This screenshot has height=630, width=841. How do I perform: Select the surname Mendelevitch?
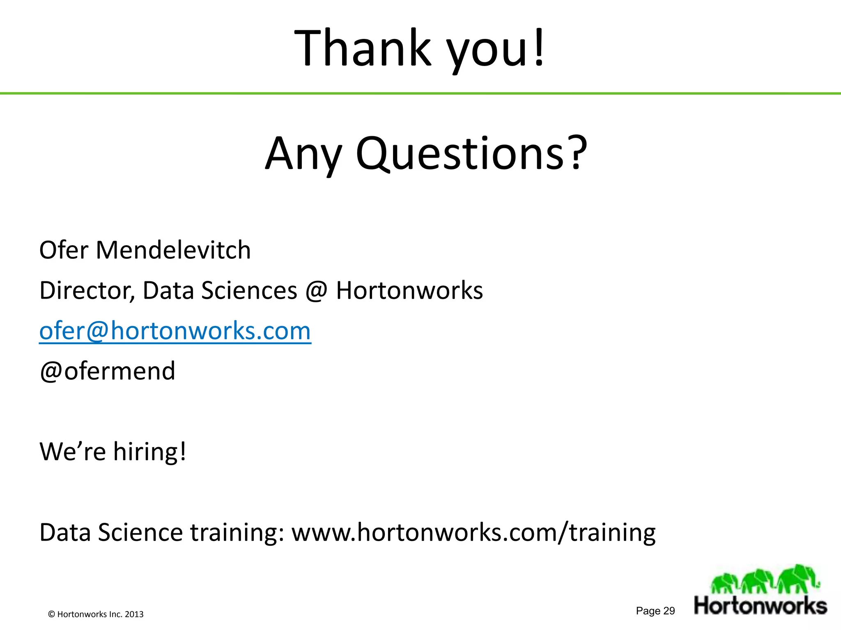click(173, 250)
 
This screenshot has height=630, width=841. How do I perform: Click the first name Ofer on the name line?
click(64, 250)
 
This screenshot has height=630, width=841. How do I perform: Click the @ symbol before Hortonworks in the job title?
click(316, 292)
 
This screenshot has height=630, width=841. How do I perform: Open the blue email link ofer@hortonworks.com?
click(175, 331)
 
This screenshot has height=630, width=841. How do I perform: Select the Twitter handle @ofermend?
click(108, 371)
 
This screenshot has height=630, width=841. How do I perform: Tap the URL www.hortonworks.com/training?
click(473, 533)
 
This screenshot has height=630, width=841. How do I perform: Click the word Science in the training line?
click(140, 533)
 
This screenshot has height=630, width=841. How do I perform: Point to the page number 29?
click(669, 611)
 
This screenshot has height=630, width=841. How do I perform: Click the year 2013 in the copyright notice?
click(134, 614)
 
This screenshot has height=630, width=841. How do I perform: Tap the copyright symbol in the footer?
click(51, 614)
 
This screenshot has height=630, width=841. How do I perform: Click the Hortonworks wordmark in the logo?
click(761, 606)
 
